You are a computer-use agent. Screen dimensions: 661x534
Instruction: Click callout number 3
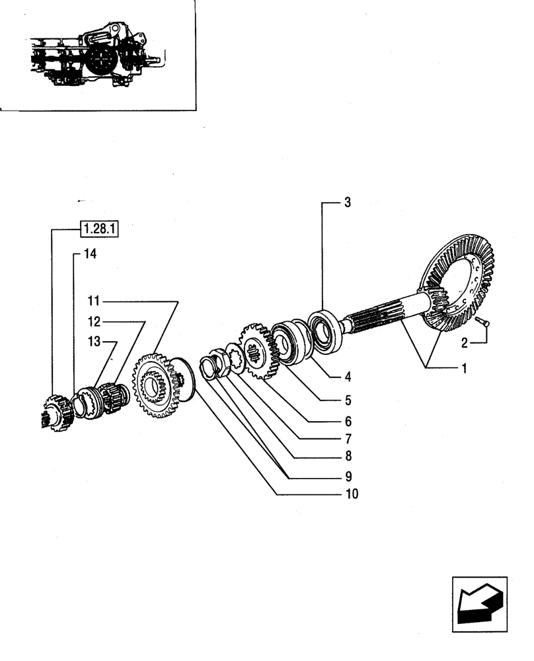point(348,203)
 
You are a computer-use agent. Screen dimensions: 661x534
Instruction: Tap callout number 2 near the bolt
point(465,342)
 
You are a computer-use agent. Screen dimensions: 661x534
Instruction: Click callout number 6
point(348,420)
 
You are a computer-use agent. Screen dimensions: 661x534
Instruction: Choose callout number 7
point(348,438)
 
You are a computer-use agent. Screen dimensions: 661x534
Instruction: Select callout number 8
point(348,456)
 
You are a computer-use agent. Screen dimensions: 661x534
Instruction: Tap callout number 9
point(348,475)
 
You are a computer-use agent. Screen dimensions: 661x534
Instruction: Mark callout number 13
point(93,341)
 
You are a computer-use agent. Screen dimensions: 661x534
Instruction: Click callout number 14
point(89,253)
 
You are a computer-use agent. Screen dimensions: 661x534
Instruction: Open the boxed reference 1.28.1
point(98,229)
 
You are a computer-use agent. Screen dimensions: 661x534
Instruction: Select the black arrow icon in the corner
point(479,602)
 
